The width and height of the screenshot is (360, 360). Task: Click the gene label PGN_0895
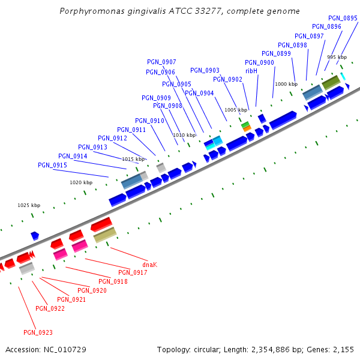coord(343,18)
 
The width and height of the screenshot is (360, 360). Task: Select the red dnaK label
coord(149,265)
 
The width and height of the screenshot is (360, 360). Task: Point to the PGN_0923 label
coord(38,332)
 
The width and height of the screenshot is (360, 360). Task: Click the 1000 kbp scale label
coord(286,85)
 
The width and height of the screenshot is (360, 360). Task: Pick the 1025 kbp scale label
coord(29,205)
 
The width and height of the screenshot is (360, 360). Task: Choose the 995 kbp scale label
coord(337,57)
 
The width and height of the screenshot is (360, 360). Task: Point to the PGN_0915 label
coord(52,165)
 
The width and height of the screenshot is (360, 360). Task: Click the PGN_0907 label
coord(161,62)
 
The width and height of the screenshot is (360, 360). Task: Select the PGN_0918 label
coord(113,281)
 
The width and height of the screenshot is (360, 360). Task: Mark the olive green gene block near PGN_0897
coord(331,83)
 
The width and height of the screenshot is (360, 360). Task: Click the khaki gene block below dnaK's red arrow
coord(105,235)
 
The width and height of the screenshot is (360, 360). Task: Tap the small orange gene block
coord(247,128)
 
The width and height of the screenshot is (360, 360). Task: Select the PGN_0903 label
coord(205,71)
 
